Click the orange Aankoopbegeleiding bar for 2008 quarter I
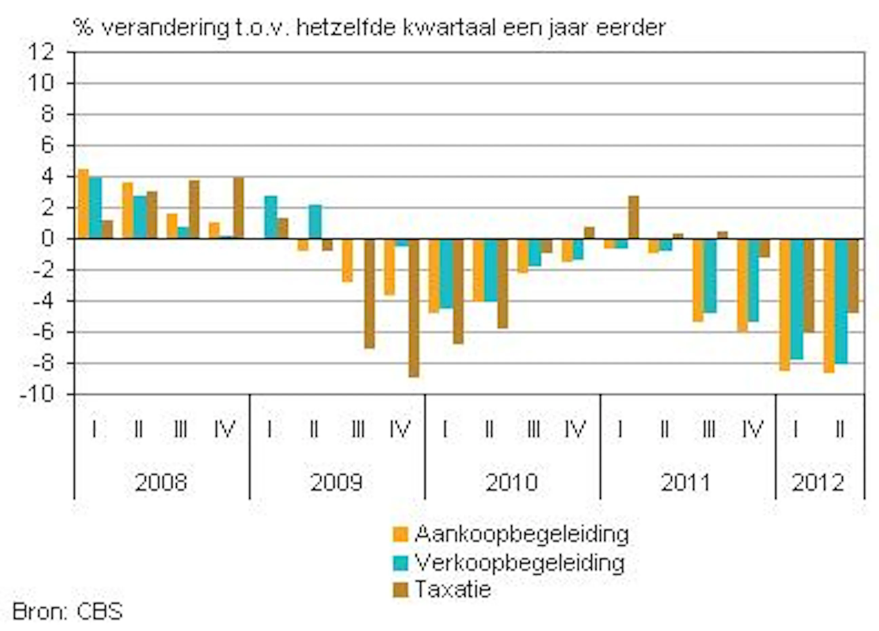83,204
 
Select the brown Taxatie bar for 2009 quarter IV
414,308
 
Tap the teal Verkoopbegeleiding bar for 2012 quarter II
841,301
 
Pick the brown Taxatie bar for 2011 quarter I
634,217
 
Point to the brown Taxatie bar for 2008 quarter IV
239,208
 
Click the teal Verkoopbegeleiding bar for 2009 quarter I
271,217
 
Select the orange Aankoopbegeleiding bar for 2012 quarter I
785,304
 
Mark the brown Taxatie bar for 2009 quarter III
369,293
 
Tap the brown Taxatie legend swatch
401,590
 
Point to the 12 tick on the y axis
41,52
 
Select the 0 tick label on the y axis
47,239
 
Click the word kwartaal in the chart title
450,28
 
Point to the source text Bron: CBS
67,612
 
